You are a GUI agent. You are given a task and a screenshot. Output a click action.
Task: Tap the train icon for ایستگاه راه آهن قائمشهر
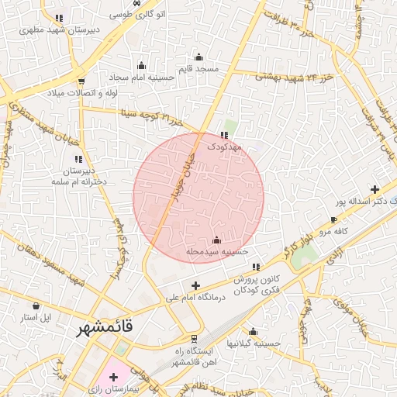click(193, 338)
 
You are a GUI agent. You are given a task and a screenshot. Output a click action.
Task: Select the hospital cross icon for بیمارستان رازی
click(114, 376)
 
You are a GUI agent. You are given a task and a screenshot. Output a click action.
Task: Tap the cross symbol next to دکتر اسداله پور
click(375, 188)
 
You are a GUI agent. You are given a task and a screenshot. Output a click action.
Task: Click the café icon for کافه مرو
click(333, 220)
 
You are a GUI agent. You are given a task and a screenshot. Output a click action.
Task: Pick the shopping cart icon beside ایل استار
click(36, 306)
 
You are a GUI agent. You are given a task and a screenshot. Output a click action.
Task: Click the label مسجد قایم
click(199, 68)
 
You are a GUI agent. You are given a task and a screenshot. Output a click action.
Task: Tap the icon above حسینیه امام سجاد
click(141, 65)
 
